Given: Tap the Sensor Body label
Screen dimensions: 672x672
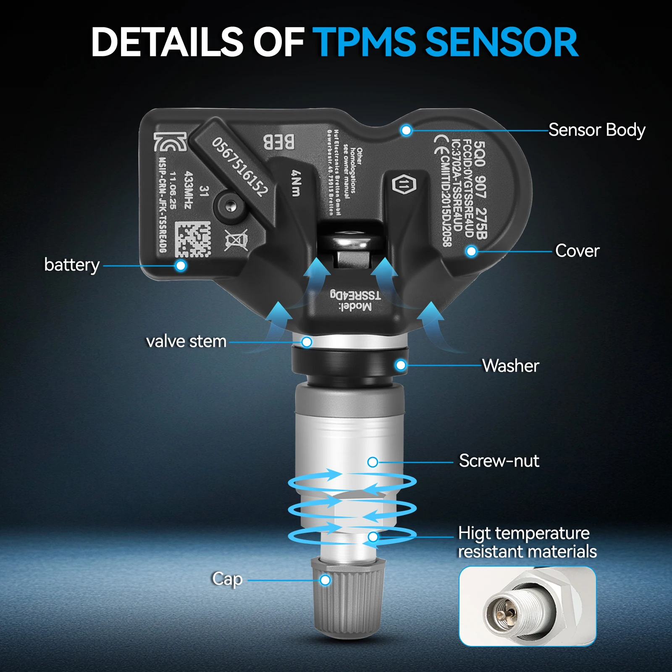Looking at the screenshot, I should (x=596, y=130).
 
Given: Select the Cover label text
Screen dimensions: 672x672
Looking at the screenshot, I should (x=577, y=251).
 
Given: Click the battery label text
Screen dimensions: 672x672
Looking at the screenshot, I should (x=72, y=265).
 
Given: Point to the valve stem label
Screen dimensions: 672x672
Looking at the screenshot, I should (x=186, y=341).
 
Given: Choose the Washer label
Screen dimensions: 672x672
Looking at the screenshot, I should (x=510, y=366).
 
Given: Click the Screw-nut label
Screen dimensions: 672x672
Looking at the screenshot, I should (x=499, y=461).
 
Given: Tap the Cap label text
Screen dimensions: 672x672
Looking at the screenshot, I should (x=227, y=579).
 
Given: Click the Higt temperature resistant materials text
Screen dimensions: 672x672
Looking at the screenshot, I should (x=527, y=542).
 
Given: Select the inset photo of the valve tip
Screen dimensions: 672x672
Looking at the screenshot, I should (x=528, y=606).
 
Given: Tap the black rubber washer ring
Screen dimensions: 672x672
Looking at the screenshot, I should (x=349, y=362).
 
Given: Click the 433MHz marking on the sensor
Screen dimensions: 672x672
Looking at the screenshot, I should (x=188, y=189).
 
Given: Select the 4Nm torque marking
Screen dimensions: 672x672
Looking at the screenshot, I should (x=297, y=183).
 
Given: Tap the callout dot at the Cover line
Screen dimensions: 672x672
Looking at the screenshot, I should (x=471, y=251).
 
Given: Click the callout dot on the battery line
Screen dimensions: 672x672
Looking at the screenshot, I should (x=181, y=265).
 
